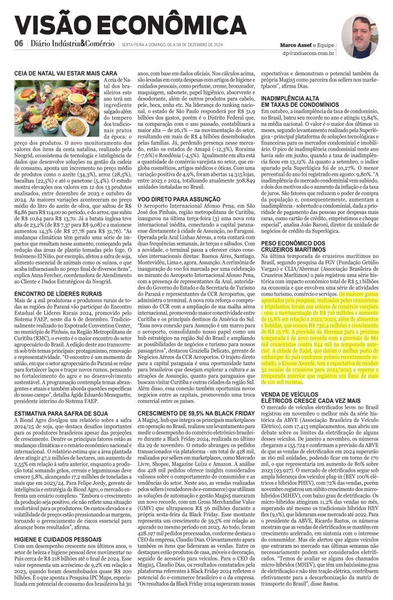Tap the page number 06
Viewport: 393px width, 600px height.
coord(19,44)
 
